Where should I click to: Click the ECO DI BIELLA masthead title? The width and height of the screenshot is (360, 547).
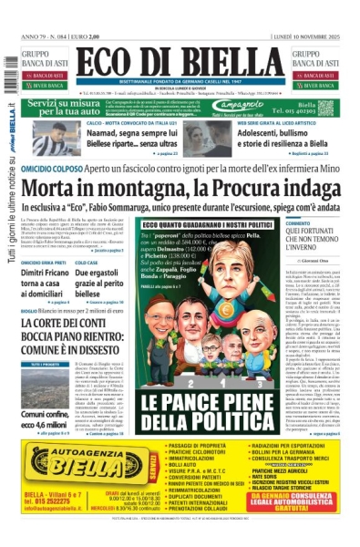tap(180, 61)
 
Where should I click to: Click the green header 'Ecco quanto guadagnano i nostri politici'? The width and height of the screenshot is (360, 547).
tap(207, 225)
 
